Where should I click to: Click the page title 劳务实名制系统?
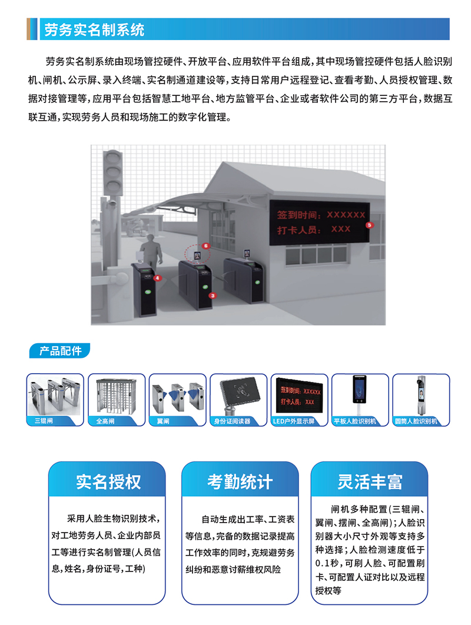point(94,30)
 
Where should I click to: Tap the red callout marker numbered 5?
point(369,225)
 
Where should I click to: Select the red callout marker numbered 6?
point(206,246)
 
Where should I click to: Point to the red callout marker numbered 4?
point(158,278)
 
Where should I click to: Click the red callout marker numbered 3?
point(213,296)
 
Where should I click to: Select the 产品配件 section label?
point(61,351)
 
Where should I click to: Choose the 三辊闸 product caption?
point(44,421)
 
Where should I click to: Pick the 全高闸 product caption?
point(105,421)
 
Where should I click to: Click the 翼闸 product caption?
point(163,421)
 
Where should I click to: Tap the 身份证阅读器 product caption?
point(232,421)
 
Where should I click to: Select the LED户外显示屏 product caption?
point(294,421)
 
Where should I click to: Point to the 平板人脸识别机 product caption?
point(355,421)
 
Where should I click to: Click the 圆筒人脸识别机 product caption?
point(416,421)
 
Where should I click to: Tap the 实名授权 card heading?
point(108,481)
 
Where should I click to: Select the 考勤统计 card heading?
point(240,481)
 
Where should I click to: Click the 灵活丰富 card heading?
point(370,481)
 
